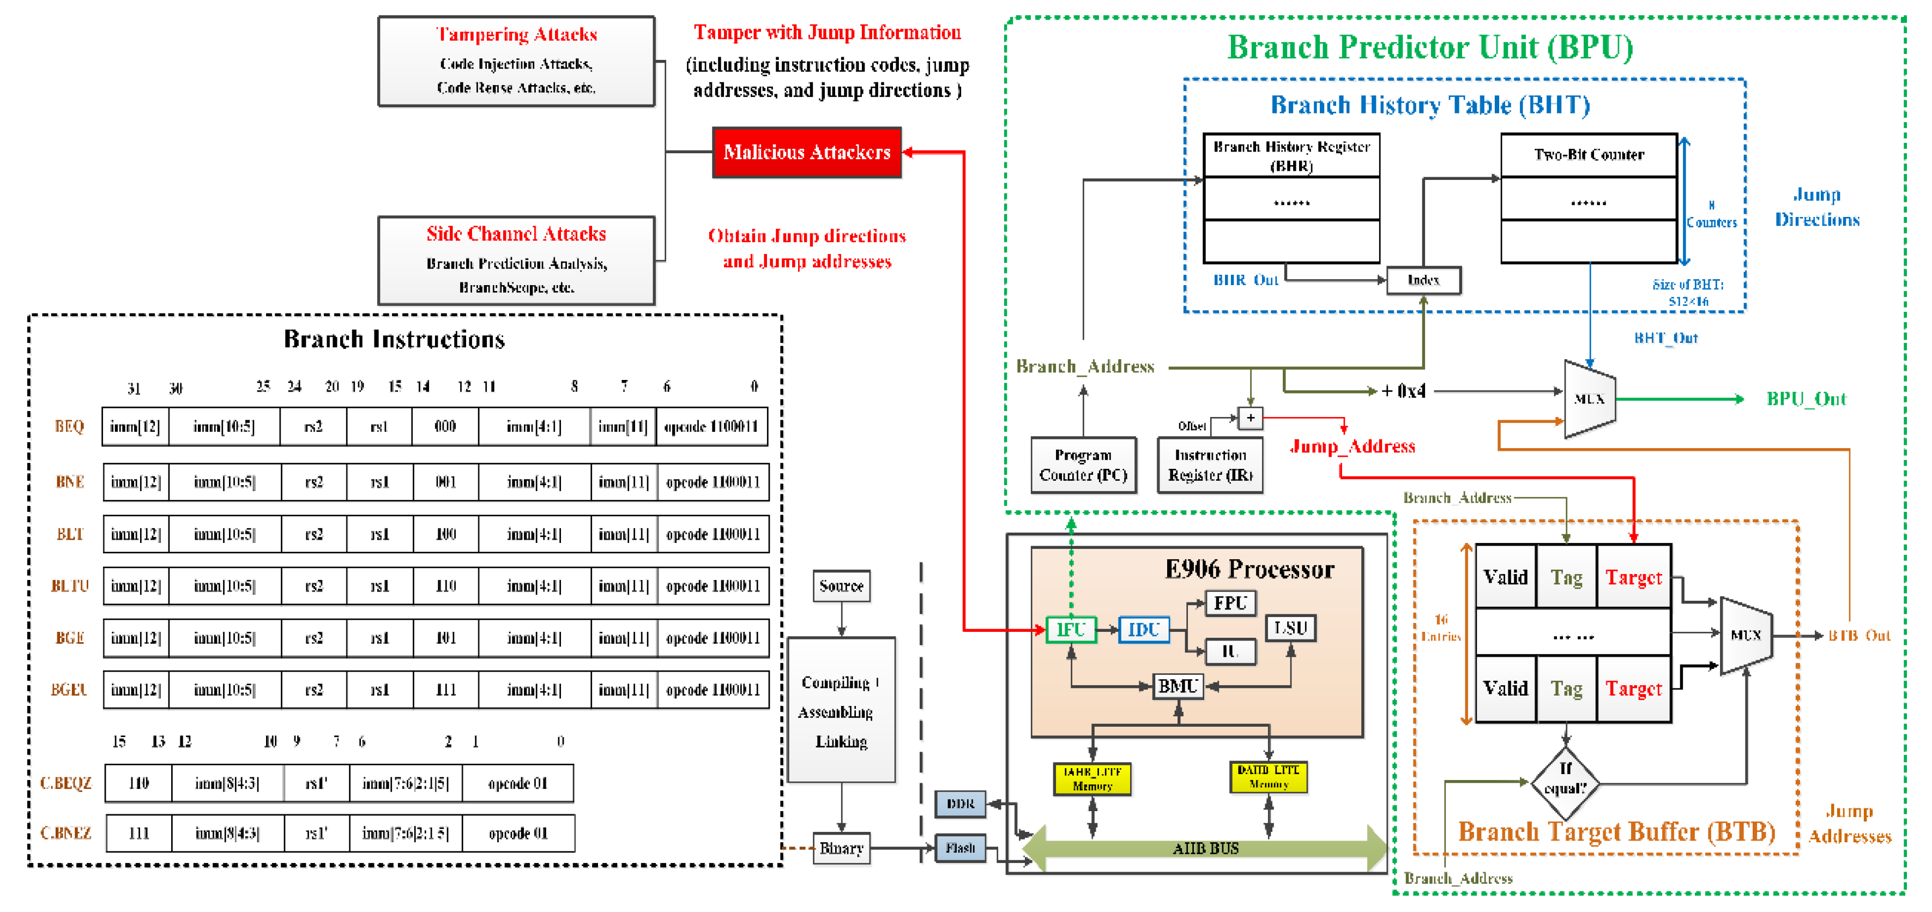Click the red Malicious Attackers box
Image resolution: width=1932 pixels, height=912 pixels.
click(806, 152)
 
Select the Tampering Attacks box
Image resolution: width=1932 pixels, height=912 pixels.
click(516, 62)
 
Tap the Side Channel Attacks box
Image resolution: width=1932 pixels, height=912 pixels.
click(516, 260)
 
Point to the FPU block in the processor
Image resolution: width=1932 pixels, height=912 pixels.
click(1230, 603)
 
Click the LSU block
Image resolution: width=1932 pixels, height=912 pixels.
click(1290, 628)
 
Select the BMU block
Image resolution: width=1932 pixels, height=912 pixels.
click(1178, 686)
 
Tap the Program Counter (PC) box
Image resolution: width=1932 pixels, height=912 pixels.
click(1083, 465)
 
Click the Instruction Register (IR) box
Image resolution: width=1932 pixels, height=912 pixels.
click(1210, 465)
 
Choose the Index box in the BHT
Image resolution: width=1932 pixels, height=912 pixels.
click(1423, 280)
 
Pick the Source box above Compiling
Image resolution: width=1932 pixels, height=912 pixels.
click(841, 586)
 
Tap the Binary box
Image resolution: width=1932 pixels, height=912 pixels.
click(841, 848)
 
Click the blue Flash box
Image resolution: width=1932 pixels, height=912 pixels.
click(960, 848)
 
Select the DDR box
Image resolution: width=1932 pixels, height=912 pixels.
click(960, 804)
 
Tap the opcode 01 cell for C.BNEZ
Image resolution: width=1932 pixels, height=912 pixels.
click(518, 834)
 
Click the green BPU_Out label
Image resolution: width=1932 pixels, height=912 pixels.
click(1806, 399)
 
